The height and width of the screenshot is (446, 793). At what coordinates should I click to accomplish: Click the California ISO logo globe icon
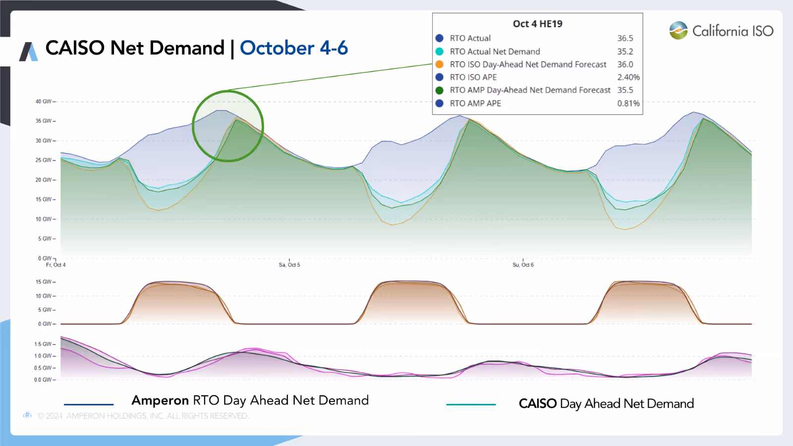click(x=678, y=30)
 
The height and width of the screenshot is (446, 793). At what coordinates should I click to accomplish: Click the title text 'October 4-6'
click(x=294, y=48)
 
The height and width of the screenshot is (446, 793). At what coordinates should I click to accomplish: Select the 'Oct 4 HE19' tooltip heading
click(x=537, y=24)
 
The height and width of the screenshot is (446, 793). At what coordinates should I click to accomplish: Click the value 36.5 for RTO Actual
click(x=625, y=38)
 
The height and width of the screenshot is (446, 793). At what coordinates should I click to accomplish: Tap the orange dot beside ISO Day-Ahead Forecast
click(x=439, y=64)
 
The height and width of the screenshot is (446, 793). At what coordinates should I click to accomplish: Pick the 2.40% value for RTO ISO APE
click(x=628, y=77)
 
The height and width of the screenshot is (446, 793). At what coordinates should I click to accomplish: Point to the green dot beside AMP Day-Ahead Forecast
click(x=439, y=90)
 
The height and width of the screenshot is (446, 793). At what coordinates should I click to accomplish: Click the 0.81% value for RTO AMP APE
click(x=628, y=104)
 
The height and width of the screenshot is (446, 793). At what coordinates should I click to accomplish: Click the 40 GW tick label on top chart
click(x=44, y=102)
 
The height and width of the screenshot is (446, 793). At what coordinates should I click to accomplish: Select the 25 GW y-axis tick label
click(x=44, y=160)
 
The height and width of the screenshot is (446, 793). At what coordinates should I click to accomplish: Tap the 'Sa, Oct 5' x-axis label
click(x=289, y=265)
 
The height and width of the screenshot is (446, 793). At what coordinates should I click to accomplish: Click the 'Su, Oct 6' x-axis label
click(x=523, y=265)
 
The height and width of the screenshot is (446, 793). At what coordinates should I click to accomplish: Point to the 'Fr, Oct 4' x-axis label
click(x=56, y=265)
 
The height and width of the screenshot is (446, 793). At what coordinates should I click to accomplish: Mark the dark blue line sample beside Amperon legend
click(x=89, y=404)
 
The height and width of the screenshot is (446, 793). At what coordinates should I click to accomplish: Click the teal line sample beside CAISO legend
click(x=471, y=404)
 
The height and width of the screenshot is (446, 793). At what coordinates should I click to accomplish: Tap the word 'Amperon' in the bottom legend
click(x=160, y=400)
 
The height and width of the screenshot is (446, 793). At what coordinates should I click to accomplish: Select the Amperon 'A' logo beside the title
click(x=28, y=52)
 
